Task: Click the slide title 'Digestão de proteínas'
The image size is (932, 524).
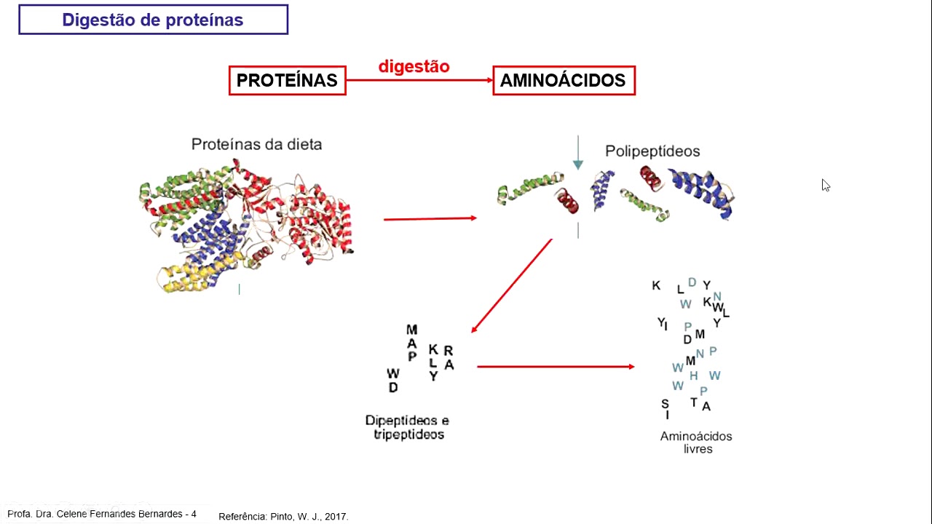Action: tap(153, 20)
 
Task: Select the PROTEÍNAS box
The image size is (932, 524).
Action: tap(287, 80)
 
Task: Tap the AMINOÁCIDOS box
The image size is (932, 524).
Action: tap(563, 80)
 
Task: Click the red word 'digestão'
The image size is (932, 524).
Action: tap(414, 66)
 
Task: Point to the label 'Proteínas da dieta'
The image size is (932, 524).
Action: tap(256, 144)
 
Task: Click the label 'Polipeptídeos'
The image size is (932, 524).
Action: tap(652, 151)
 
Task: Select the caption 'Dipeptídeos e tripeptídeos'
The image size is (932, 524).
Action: tap(408, 427)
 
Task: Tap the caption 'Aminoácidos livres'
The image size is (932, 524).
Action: tap(696, 442)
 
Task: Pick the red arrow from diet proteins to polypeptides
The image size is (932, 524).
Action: tap(430, 218)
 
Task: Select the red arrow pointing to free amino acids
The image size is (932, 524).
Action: tap(555, 367)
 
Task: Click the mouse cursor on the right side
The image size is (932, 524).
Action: tap(826, 186)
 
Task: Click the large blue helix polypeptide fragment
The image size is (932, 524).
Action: tap(703, 191)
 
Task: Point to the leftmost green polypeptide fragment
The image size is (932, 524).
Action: tap(529, 188)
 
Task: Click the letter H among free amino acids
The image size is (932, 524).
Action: tap(693, 376)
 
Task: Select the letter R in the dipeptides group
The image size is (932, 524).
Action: tap(449, 352)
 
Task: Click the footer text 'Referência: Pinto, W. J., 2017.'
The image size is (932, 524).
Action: tap(283, 517)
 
